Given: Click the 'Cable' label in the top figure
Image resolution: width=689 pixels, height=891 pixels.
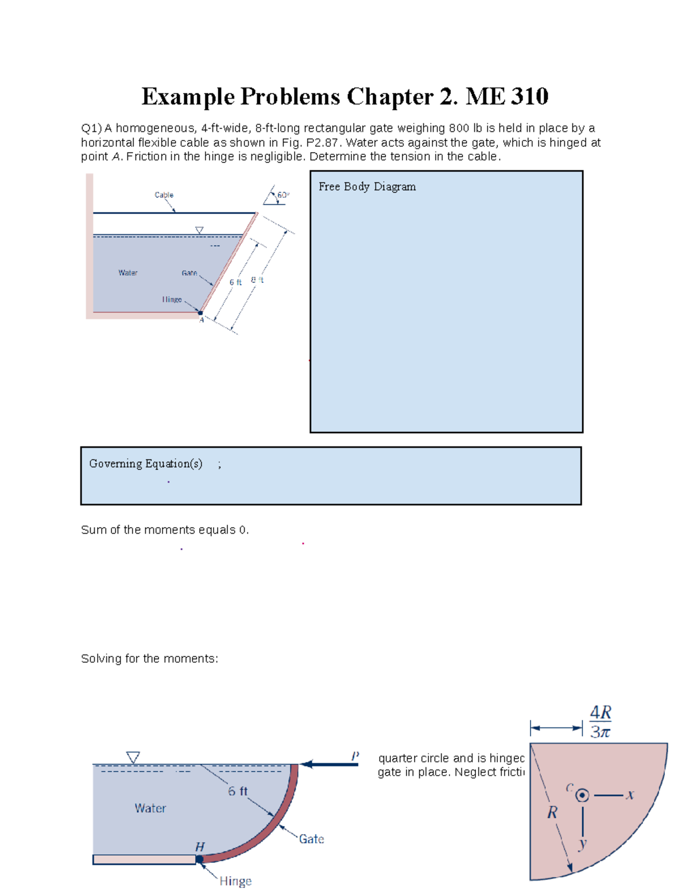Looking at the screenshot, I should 164,195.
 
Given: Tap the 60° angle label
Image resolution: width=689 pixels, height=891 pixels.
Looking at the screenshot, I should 283,195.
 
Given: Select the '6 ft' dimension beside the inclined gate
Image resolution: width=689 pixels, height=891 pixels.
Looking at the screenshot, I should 235,282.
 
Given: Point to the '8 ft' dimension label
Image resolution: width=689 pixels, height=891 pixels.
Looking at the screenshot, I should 257,280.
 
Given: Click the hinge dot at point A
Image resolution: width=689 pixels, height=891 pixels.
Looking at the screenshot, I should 200,313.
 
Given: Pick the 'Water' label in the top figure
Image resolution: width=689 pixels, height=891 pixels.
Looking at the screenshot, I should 127,273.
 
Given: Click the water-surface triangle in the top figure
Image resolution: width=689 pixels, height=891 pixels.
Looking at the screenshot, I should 199,230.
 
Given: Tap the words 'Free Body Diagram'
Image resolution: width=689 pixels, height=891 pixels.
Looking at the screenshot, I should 367,186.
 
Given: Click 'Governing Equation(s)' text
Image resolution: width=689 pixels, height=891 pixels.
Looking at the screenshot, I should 145,464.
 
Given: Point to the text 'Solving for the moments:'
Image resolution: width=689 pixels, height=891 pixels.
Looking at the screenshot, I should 149,659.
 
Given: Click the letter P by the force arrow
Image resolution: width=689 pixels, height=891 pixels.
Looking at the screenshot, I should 355,756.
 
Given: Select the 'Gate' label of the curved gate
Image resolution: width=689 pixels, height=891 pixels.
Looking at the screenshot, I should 311,839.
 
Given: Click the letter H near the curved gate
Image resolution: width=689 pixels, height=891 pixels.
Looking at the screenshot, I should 200,847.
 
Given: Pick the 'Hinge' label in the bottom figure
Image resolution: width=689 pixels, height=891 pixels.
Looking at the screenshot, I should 235,881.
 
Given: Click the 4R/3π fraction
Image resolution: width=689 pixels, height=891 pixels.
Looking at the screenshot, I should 601,722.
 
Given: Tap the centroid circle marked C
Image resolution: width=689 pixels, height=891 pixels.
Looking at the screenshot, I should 582,795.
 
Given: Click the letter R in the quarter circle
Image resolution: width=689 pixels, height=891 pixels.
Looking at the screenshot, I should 552,812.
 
